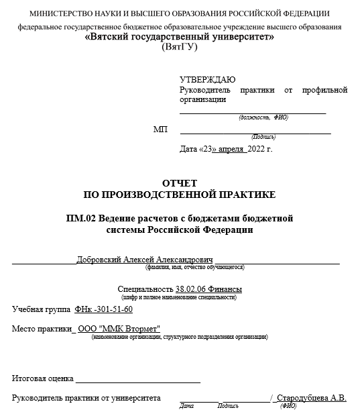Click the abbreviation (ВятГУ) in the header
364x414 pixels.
[180, 48]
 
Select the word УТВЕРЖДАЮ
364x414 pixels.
[207, 79]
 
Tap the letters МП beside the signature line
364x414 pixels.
[160, 129]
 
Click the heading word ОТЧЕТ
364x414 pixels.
[179, 183]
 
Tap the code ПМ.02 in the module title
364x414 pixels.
[80, 218]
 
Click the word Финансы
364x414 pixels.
[228, 289]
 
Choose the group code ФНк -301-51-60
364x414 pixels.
[104, 309]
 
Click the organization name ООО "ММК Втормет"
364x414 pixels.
[119, 329]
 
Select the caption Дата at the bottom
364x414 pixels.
[186, 406]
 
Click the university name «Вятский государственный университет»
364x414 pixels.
[180, 38]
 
